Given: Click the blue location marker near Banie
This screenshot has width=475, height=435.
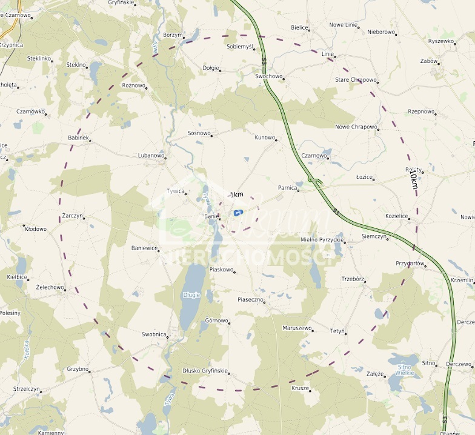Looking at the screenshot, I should coord(238,213).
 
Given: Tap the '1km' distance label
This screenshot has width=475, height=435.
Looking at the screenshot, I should coord(236,194).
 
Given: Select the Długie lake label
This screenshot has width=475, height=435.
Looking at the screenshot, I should coord(191,295).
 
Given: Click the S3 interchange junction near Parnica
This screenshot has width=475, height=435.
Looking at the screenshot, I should coord(315,180).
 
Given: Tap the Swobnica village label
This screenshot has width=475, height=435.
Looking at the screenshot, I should coord(154,334).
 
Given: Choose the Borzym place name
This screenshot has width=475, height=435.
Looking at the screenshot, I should coord(172,35).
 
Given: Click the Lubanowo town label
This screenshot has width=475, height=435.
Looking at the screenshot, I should coord(151,156).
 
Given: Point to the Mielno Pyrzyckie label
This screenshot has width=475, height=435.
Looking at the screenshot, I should coord(322,240).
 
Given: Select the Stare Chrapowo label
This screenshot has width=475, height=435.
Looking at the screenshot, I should coord(356,80).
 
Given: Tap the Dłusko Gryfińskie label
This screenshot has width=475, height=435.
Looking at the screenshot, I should coord(205,371).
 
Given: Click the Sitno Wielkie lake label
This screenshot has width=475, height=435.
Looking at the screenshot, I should coord(405,370).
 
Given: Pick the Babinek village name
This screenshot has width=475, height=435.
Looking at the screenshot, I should coord(78,138).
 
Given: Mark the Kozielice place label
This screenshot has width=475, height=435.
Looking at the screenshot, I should coord(397,216).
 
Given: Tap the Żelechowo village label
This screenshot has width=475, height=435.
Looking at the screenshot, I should coord(50,287).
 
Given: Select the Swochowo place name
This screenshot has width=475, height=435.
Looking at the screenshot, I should coord(268,77).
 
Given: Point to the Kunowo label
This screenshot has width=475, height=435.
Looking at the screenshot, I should coord(264,138).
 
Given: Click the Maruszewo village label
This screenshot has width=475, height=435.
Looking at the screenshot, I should coord(297,328).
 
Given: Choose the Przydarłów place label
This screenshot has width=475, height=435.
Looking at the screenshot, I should coord(409,264).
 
